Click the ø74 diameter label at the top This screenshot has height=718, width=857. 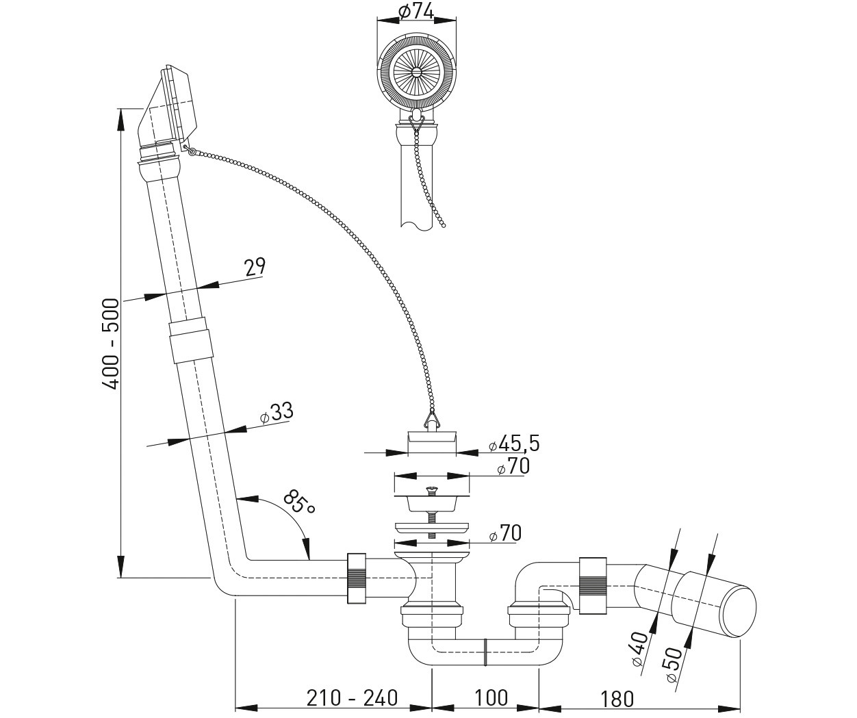tap(415, 11)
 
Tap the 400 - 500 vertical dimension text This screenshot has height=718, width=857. tap(110, 344)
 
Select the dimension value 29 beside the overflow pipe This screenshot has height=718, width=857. tap(255, 266)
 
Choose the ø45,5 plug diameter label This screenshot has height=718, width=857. tap(514, 444)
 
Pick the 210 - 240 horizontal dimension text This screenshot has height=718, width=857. tap(352, 697)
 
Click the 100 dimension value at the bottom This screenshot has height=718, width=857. tap(491, 697)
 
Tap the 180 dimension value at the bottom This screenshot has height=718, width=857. tap(617, 699)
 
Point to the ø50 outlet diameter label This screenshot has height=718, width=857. tap(675, 663)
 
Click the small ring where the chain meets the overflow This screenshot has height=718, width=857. tap(192, 151)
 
